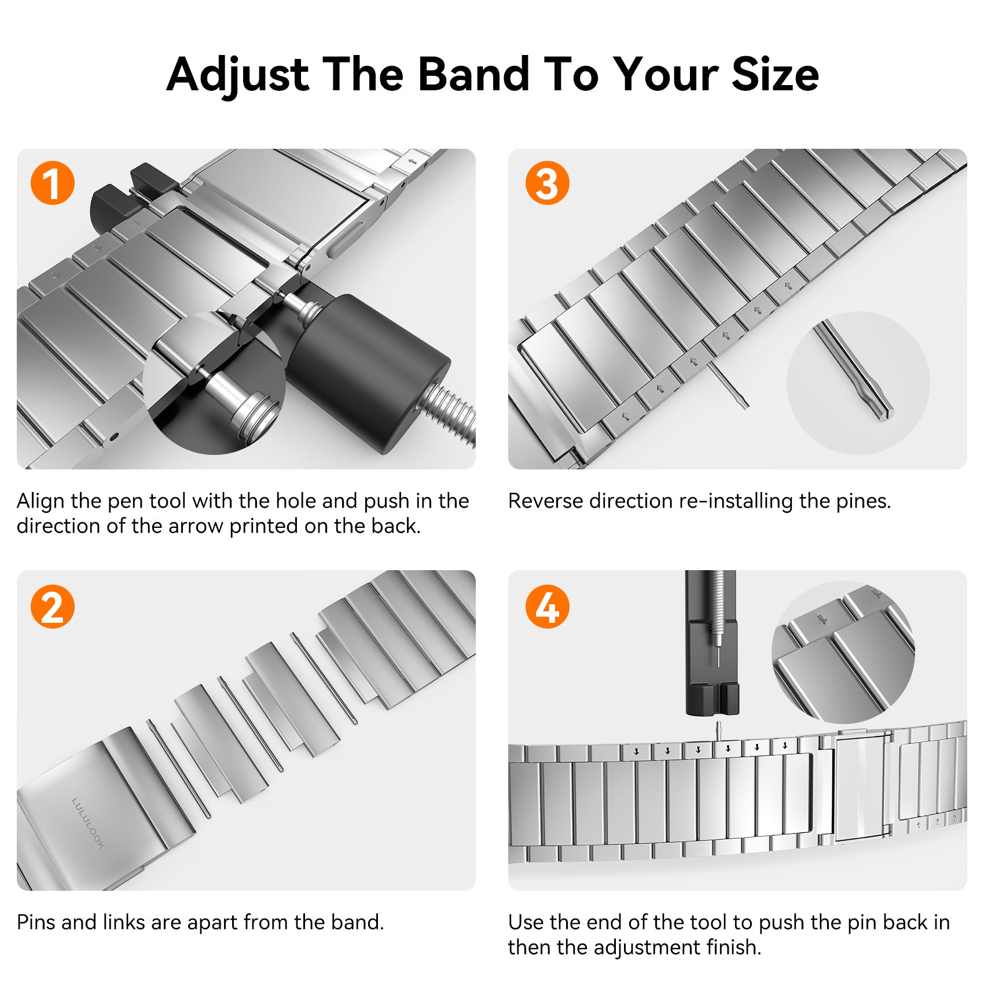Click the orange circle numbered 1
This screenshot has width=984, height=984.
(53, 183)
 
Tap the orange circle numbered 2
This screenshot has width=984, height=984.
(53, 607)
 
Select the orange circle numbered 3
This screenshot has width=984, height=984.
(547, 183)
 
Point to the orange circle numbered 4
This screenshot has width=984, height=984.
(547, 607)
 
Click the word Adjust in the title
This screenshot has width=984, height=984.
(238, 76)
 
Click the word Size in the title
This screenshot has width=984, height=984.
(775, 75)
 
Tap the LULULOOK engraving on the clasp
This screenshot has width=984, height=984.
(88, 823)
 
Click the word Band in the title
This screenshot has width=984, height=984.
(474, 75)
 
